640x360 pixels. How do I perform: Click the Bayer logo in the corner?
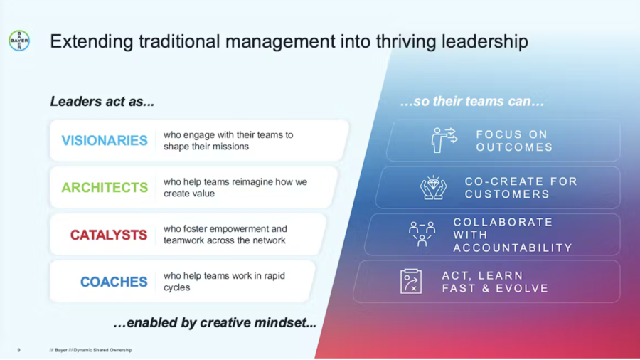click(19, 41)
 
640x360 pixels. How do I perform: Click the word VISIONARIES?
click(105, 140)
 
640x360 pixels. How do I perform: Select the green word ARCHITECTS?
click(105, 187)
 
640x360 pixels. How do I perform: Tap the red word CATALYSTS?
click(109, 235)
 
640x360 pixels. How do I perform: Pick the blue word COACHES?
click(114, 282)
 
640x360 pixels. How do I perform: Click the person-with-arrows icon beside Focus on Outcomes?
click(444, 140)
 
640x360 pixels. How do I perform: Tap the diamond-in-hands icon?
click(434, 187)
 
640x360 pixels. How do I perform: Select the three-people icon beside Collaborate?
click(422, 234)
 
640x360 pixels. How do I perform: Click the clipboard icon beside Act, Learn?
click(411, 281)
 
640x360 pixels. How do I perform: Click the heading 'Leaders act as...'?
click(102, 101)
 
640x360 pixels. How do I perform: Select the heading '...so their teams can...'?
click(472, 101)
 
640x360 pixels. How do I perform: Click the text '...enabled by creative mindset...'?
click(215, 322)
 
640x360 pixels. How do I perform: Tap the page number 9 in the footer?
click(18, 350)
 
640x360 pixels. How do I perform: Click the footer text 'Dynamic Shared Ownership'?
click(103, 350)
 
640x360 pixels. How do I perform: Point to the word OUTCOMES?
click(514, 147)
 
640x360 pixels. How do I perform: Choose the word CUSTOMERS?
click(507, 194)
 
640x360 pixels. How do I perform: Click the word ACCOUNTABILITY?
click(513, 248)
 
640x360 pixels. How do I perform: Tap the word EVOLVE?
click(522, 288)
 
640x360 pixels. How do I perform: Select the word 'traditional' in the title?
click(178, 41)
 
